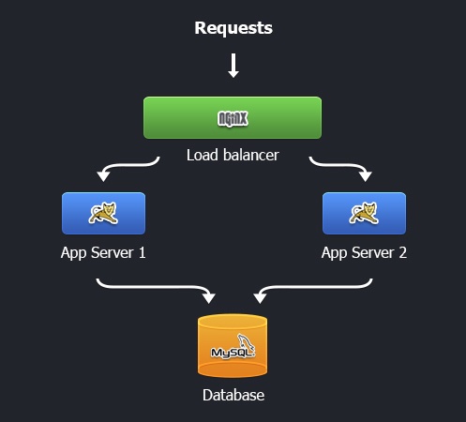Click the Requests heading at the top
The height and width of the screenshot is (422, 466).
point(233,28)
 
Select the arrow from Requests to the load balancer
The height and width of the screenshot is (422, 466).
point(233,66)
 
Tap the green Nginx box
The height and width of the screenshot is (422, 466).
point(233,117)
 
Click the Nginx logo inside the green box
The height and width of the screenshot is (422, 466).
point(233,119)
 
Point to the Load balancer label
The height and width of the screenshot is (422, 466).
point(233,155)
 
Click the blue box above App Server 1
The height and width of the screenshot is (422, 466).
point(103,213)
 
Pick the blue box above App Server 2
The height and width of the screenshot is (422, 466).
point(364,213)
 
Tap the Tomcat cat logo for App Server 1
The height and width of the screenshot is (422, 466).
point(103,213)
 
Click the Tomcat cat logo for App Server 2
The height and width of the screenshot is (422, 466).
point(364,213)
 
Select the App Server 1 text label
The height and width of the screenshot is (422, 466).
point(103,253)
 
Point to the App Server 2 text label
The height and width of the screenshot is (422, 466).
point(364,253)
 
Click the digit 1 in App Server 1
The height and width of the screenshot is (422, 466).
point(143,252)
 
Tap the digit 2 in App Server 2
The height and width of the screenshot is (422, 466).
point(403,252)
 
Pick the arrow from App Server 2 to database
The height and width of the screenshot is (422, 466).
point(312,287)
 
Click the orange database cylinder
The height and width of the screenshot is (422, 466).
point(233,346)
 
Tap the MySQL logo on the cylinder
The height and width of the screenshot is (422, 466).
point(233,347)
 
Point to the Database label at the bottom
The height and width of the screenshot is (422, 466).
point(233,395)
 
